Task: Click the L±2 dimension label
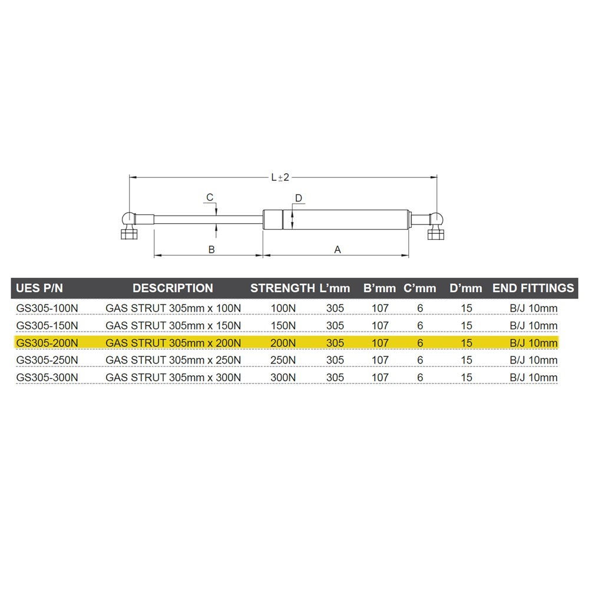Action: (x=280, y=177)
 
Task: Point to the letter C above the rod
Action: (x=210, y=197)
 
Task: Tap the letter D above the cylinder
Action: (x=299, y=198)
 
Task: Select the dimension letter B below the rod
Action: (x=211, y=249)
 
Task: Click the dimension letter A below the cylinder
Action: (x=337, y=249)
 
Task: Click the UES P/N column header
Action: (x=39, y=288)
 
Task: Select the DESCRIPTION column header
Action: (x=173, y=288)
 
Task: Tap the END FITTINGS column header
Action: (x=533, y=288)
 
